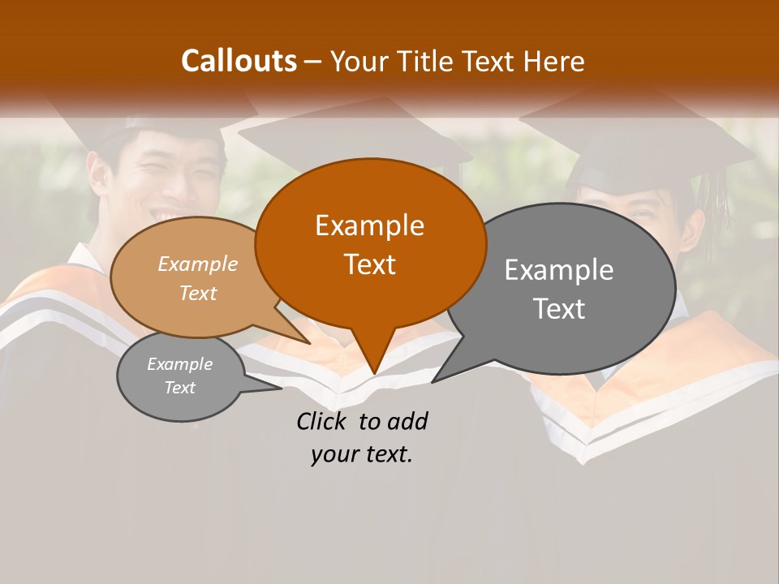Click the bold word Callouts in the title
[x=239, y=61]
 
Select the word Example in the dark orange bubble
[x=369, y=225]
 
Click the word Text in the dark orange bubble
[x=369, y=264]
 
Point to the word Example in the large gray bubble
[x=559, y=270]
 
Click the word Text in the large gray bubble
[x=559, y=309]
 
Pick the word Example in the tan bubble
[x=198, y=264]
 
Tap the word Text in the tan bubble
[x=198, y=293]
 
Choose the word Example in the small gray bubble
[x=179, y=364]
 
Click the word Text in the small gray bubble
[x=179, y=388]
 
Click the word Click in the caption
[x=324, y=421]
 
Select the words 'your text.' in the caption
[x=362, y=454]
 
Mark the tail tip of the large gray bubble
[x=433, y=381]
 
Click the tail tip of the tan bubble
[x=309, y=343]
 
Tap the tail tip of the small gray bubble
[x=281, y=389]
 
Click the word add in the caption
[x=409, y=421]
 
